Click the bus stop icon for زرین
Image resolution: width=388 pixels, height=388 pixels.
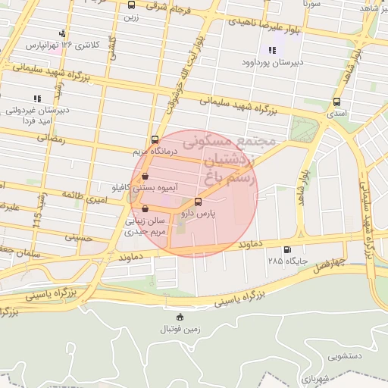click(132, 5)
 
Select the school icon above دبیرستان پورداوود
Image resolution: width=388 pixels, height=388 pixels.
click(272, 50)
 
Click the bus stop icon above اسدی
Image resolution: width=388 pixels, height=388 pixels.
click(336, 102)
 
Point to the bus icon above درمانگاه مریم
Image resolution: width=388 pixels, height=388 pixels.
click(155, 139)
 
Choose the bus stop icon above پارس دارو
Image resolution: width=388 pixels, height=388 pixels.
click(199, 202)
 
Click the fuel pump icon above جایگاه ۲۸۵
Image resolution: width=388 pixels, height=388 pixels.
click(286, 250)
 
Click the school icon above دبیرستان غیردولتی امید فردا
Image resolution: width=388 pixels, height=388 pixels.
click(36, 99)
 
